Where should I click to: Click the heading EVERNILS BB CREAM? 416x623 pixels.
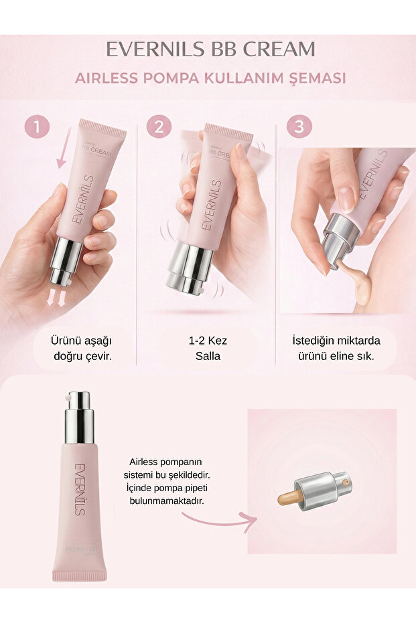tap(210, 49)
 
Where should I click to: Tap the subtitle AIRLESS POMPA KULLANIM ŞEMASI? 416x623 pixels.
tap(210, 78)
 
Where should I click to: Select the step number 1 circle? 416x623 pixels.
tap(37, 126)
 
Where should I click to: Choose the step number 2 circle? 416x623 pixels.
tap(158, 126)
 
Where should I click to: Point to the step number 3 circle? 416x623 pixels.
tap(299, 126)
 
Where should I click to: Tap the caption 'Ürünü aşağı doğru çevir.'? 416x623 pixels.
tap(82, 347)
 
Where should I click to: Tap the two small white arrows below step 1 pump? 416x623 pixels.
tap(57, 299)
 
